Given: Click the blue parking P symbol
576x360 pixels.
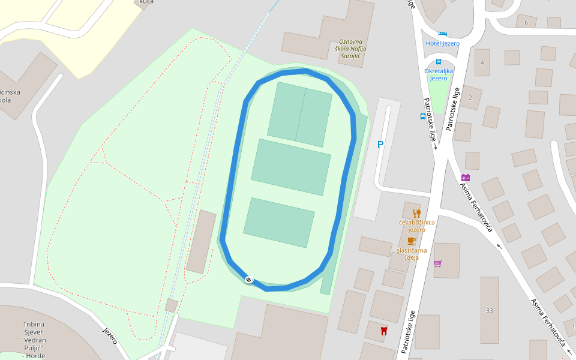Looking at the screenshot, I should pyautogui.click(x=380, y=145).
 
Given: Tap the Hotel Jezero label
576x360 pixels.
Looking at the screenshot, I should pyautogui.click(x=442, y=43).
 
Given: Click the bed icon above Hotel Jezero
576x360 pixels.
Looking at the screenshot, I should pyautogui.click(x=443, y=33).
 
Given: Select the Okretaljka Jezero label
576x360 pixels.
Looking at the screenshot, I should pyautogui.click(x=439, y=74).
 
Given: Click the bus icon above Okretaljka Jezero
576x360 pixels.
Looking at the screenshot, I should pyautogui.click(x=439, y=62).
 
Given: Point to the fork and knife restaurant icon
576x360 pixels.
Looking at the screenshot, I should pyautogui.click(x=416, y=213).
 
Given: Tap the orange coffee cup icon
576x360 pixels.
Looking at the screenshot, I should pyautogui.click(x=411, y=241).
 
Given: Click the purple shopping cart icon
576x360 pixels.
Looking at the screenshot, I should pyautogui.click(x=438, y=263).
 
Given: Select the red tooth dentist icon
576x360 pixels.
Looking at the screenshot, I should pyautogui.click(x=384, y=330).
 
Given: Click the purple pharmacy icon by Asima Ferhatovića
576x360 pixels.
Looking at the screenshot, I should pyautogui.click(x=466, y=178).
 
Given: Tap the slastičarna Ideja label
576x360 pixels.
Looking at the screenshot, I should pyautogui.click(x=412, y=253).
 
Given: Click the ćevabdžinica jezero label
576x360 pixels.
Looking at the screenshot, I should pyautogui.click(x=416, y=226).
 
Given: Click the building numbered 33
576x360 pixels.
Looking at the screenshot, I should pyautogui.click(x=490, y=310).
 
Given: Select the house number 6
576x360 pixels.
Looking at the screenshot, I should pyautogui.click(x=526, y=23).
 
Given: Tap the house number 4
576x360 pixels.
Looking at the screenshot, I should pyautogui.click(x=482, y=62).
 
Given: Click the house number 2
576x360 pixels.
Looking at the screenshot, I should pyautogui.click(x=470, y=97).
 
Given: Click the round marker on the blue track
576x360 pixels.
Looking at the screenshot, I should pyautogui.click(x=249, y=279).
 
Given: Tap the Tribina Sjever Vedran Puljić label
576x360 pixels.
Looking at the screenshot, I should pyautogui.click(x=34, y=340).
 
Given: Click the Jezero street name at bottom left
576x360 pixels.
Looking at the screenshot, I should pyautogui.click(x=110, y=336).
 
